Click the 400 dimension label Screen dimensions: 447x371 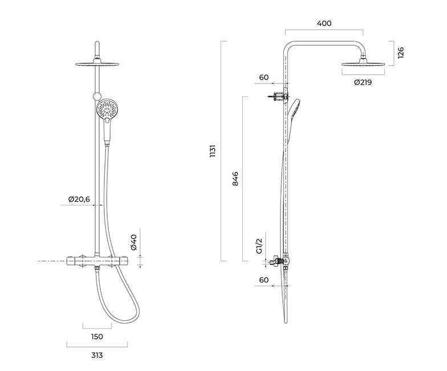pos(324,23)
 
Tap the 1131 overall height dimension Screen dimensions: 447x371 pos(213,151)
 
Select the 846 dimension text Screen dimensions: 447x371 pos(235,179)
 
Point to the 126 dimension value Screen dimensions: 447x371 pos(401,53)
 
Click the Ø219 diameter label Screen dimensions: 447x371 pos(363,82)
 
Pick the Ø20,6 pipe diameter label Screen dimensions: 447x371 pos(79,199)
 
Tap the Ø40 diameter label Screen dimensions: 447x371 pos(133,242)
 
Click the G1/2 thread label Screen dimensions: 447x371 pos(259,246)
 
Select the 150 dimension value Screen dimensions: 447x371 pos(97,337)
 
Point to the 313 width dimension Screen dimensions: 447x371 pos(97,355)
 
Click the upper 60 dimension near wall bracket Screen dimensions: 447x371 pos(263,78)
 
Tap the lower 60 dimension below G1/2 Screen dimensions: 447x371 pos(263,280)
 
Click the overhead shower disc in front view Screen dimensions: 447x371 pos(97,63)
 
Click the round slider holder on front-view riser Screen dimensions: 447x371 pos(97,96)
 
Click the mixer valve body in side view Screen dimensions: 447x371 pos(281,261)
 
